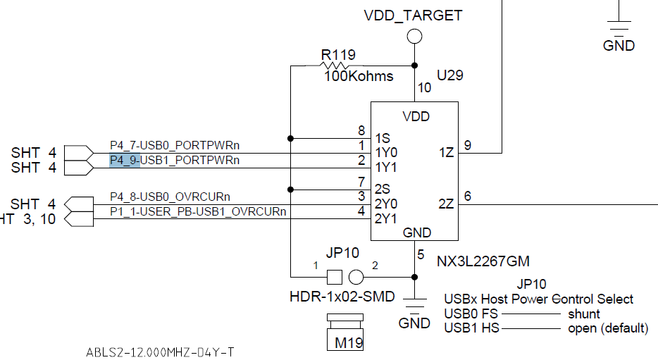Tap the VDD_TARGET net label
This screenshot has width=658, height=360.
click(x=413, y=15)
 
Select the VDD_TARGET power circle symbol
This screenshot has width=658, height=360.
click(x=415, y=37)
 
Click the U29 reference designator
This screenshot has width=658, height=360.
click(x=450, y=75)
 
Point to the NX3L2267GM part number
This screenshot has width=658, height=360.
click(x=483, y=261)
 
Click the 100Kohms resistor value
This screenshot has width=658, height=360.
click(x=359, y=76)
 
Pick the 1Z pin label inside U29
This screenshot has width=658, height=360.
click(x=447, y=153)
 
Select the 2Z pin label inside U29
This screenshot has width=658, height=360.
click(x=446, y=204)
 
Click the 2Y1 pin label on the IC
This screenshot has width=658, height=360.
click(x=385, y=218)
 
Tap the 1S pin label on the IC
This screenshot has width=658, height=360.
click(x=383, y=138)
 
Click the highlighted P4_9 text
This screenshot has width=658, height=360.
click(x=125, y=161)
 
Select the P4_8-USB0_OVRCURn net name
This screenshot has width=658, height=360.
click(x=170, y=197)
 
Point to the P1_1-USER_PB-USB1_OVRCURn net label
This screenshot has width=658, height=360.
click(x=198, y=211)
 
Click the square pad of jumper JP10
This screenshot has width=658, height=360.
click(x=335, y=277)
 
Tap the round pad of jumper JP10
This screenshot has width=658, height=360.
click(x=356, y=277)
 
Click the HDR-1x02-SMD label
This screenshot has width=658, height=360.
click(x=342, y=297)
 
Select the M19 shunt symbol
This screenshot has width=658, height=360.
click(x=345, y=332)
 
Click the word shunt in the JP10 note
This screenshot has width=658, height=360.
click(x=584, y=314)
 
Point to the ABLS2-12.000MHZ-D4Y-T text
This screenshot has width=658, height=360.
click(x=160, y=352)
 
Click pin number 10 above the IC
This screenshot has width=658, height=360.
click(x=424, y=87)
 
